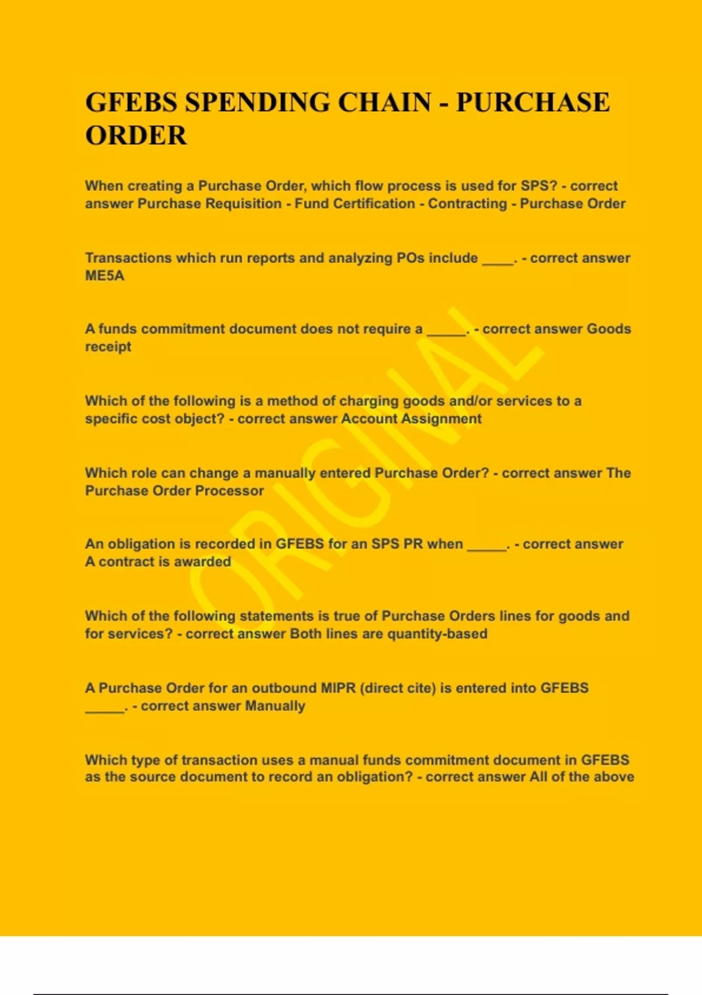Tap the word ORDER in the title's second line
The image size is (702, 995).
click(x=136, y=136)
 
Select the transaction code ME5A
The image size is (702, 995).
click(x=105, y=276)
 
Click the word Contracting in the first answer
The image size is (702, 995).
click(x=467, y=204)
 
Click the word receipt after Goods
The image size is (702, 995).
click(x=108, y=346)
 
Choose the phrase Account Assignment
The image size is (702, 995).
click(x=411, y=418)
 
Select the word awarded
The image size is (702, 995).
click(x=204, y=562)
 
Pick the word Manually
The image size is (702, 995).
click(x=275, y=706)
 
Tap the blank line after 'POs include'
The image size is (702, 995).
click(x=497, y=262)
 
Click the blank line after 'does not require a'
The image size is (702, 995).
click(x=446, y=334)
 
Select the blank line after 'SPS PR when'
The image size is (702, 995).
click(x=487, y=548)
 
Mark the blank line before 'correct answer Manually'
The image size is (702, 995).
click(x=105, y=711)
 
